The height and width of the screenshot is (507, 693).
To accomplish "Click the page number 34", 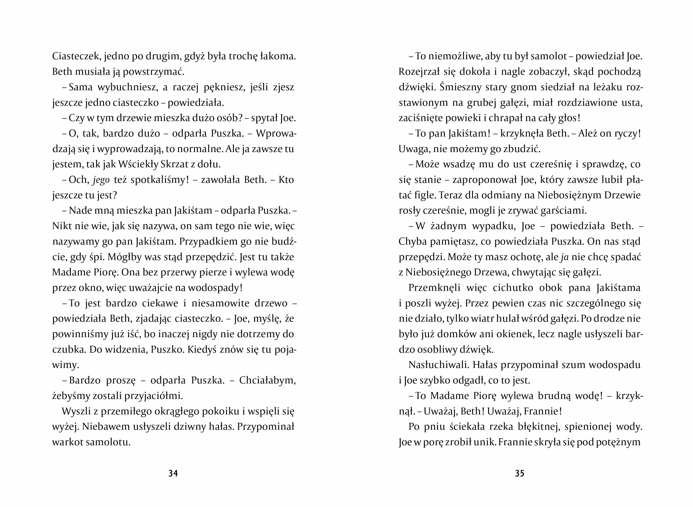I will coord(173,473).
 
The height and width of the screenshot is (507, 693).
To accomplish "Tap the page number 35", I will coord(519,473).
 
